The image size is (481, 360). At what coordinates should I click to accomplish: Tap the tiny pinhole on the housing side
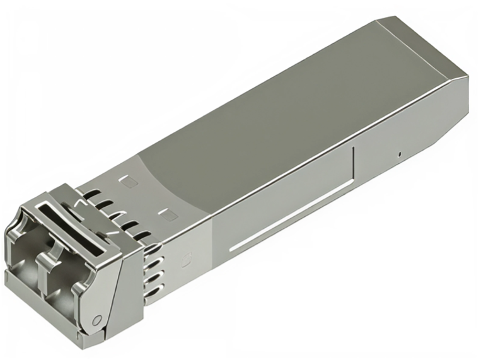click(x=399, y=154)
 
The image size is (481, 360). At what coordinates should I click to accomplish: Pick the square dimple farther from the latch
click(x=129, y=182)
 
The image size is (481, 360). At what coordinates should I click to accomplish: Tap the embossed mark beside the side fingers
click(x=187, y=258)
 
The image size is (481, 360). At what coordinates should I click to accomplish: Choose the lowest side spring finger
click(x=155, y=291)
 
